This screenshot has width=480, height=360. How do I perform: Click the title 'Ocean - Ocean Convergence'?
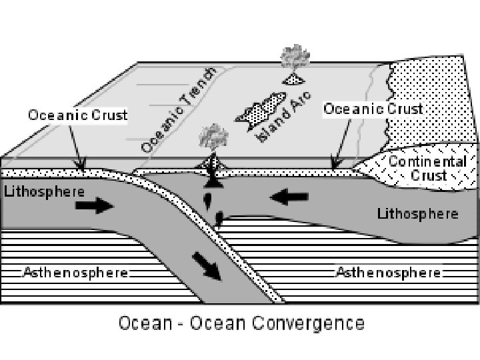coord(241,324)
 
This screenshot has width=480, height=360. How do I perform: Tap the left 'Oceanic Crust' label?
coord(77,115)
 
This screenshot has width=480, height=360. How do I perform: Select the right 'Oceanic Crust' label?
coord(373,109)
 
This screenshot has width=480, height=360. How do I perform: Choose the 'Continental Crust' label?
coord(427,169)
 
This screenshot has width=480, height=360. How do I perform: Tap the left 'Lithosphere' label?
coord(44,191)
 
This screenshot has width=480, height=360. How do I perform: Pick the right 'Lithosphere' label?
coord(418,214)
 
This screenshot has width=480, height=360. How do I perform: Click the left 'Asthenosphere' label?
coord(75,272)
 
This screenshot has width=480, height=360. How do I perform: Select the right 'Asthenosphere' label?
coord(388,272)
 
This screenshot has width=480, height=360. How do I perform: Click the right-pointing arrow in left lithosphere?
coord(95,206)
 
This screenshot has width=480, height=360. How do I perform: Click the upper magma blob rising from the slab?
coord(207,198)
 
